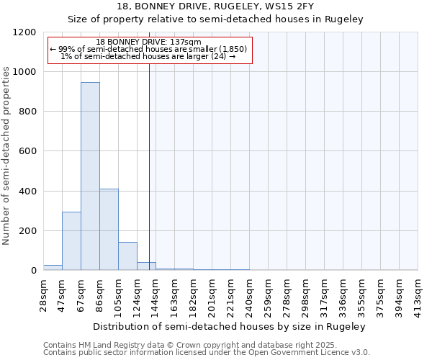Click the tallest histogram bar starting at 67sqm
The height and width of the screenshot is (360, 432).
90,176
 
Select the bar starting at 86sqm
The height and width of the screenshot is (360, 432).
109,229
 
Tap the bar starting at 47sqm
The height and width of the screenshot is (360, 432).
71,241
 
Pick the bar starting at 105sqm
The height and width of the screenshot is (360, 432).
127,256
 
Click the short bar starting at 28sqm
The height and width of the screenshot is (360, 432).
53,267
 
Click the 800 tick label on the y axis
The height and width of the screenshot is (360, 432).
27,112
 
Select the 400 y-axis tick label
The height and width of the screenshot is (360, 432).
27,192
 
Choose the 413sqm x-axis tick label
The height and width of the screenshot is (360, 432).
418,293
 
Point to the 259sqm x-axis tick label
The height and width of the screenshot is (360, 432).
269,293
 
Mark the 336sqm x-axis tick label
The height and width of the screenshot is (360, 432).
343,293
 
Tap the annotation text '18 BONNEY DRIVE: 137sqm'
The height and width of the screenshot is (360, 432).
149,42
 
